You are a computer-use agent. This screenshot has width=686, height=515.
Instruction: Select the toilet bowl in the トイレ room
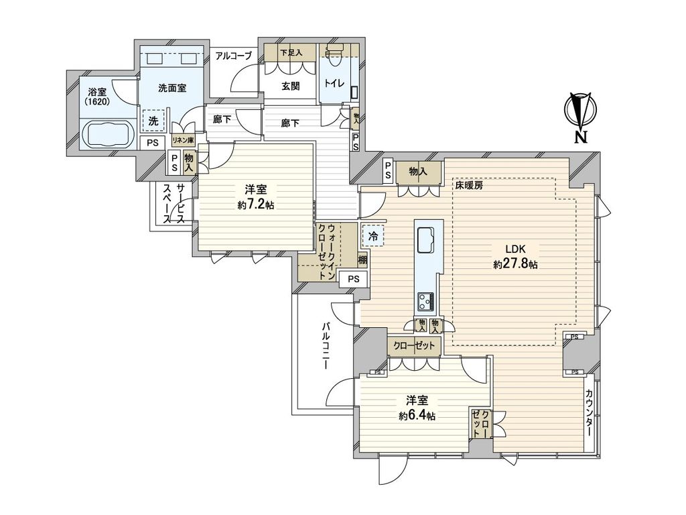pos(334,56)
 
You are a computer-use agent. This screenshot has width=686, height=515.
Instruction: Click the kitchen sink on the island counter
pos(425,240)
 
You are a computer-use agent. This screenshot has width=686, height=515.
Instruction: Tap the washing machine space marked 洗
pos(153,121)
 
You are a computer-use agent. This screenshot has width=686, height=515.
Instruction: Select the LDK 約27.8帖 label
pos(515,257)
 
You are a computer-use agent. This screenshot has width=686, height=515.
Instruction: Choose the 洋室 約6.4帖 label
pos(417,408)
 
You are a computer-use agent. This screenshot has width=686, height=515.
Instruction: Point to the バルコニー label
pos(326,345)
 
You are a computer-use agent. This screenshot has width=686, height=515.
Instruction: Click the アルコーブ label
pos(234,56)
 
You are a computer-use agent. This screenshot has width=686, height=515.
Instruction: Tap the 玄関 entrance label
pos(291,86)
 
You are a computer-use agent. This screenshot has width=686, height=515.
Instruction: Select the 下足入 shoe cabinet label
pos(291,52)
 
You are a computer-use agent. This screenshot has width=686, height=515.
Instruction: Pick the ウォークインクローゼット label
pos(327,252)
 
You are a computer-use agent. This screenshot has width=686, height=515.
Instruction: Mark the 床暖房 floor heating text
pos(468,185)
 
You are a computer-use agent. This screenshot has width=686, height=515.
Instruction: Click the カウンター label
pos(589,413)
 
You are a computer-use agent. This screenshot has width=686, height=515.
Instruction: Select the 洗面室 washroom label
pos(172,88)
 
